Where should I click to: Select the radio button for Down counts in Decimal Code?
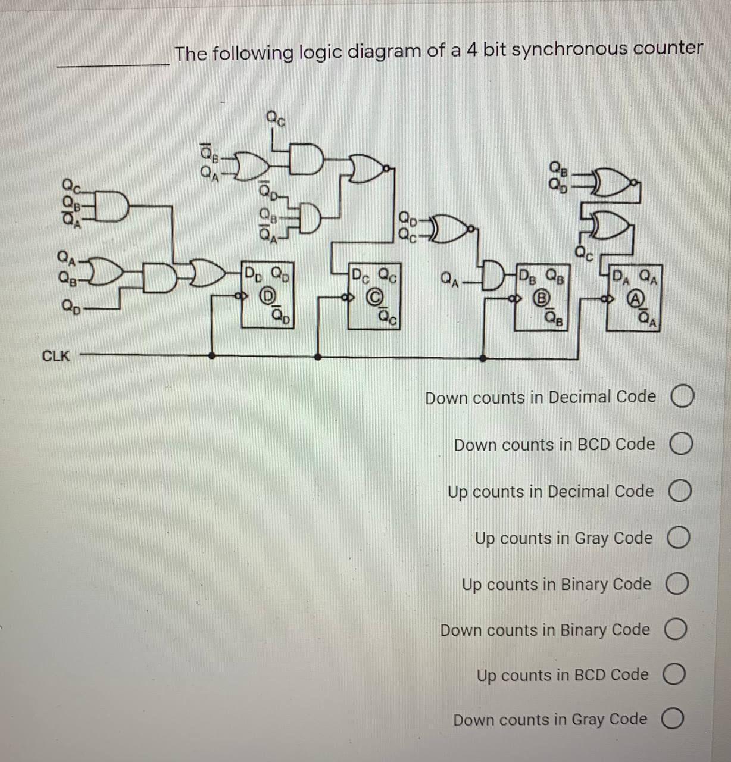[683, 398]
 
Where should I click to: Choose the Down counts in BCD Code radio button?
[682, 445]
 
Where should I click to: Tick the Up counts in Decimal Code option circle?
[681, 492]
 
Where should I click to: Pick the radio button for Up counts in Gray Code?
[680, 539]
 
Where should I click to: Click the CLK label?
[56, 357]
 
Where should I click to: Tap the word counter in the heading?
[668, 48]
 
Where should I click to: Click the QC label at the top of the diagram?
[275, 118]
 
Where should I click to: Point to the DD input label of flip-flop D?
[254, 276]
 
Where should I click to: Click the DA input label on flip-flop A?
[622, 276]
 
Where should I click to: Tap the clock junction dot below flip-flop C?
[318, 357]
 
